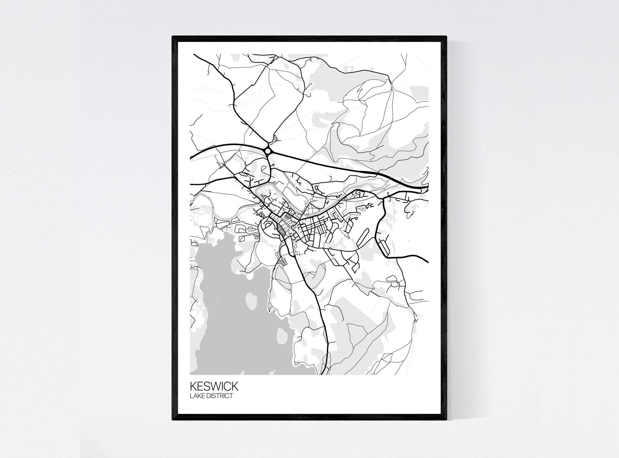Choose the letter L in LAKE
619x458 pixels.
pyautogui.click(x=191, y=396)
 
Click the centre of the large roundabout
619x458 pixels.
pyautogui.click(x=268, y=151)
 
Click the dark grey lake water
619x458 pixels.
pyautogui.click(x=229, y=325)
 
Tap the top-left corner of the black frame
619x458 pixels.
pyautogui.click(x=173, y=37)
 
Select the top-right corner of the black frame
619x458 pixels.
pyautogui.click(x=446, y=37)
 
